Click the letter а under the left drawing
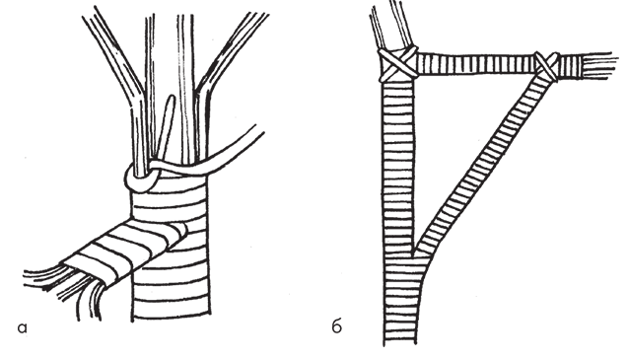(x=22, y=328)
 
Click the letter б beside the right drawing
(x=337, y=326)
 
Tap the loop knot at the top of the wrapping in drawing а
(x=140, y=179)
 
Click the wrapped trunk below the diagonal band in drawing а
(x=172, y=289)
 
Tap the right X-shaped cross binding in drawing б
(x=547, y=67)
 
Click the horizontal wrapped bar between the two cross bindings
(x=476, y=63)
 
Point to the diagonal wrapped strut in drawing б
(x=481, y=165)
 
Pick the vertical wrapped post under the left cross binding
(x=397, y=169)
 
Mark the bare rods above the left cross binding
(x=390, y=26)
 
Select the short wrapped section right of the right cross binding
(x=570, y=66)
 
